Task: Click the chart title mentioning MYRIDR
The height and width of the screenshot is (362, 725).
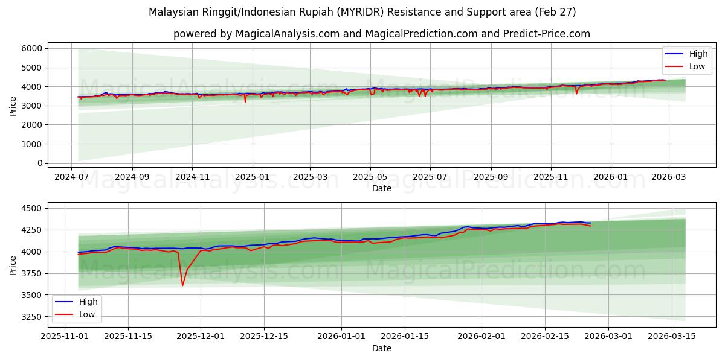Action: click(362, 12)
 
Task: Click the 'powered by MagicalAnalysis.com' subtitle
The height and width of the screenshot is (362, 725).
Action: click(381, 34)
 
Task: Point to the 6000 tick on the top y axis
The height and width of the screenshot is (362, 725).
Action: click(32, 48)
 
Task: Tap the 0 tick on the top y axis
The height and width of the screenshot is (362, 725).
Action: click(39, 163)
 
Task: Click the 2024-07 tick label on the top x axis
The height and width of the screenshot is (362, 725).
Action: click(72, 177)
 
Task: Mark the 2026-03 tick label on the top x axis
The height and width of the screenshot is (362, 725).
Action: click(669, 177)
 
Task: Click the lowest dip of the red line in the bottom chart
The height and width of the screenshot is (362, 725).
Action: click(182, 285)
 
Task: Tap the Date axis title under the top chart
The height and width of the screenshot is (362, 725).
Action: click(381, 188)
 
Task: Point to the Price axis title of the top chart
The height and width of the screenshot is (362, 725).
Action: click(13, 106)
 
